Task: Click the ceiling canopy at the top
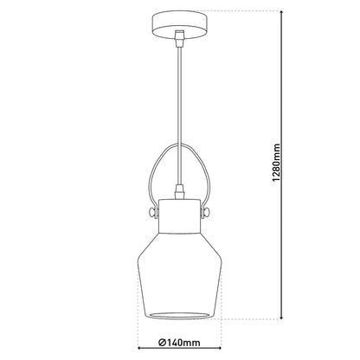[180, 22]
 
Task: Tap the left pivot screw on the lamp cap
[151, 210]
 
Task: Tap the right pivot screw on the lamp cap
[209, 210]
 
